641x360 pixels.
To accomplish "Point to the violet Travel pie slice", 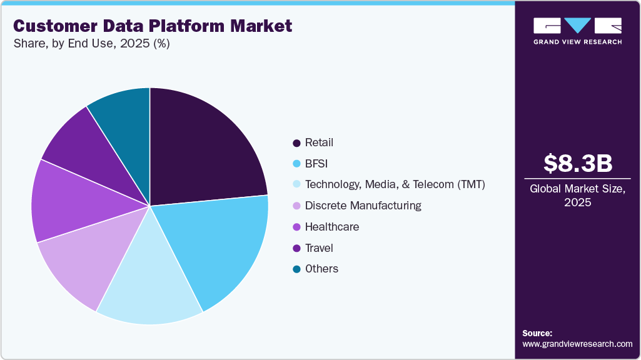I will click(x=81, y=153).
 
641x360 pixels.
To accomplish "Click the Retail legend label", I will click(x=319, y=142).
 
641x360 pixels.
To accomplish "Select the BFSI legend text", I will click(x=316, y=164).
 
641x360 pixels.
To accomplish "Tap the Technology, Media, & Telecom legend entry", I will click(x=395, y=184).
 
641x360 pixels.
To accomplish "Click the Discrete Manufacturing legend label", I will click(x=363, y=206).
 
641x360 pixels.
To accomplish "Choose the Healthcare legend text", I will click(x=331, y=227).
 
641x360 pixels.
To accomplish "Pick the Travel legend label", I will click(x=319, y=248).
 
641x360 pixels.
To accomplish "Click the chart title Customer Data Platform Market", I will click(x=153, y=26).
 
